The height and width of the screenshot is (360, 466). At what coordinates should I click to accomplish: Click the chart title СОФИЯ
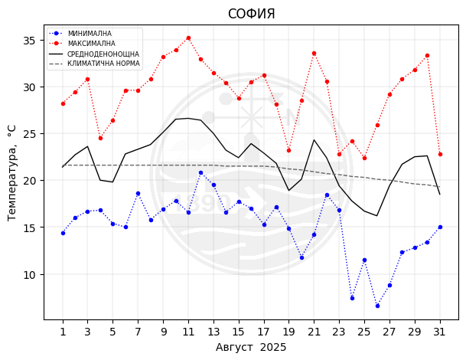pos(251,14)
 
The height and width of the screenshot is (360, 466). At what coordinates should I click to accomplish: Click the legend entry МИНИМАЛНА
pos(90,34)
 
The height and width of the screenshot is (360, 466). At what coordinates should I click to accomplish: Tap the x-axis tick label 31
pos(440,332)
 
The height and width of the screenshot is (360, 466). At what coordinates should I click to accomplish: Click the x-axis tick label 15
pos(239,332)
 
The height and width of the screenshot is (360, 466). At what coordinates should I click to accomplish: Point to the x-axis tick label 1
pos(63,332)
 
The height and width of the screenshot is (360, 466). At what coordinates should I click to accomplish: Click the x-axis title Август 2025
pos(251,347)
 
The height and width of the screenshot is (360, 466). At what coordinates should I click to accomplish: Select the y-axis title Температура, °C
pos(12,172)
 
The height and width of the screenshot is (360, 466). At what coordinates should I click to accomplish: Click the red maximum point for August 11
pos(188,38)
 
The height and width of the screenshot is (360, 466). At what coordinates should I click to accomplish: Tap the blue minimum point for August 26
pos(377,306)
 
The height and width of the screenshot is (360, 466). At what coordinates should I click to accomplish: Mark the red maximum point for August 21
pos(314,53)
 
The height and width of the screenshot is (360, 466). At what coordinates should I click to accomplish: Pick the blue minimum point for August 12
pos(200,172)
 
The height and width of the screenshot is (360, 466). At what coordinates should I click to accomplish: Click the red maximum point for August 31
pos(440,154)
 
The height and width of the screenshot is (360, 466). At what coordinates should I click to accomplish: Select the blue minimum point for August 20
pos(301,257)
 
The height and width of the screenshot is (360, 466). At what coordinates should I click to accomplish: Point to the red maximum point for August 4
pos(100,138)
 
